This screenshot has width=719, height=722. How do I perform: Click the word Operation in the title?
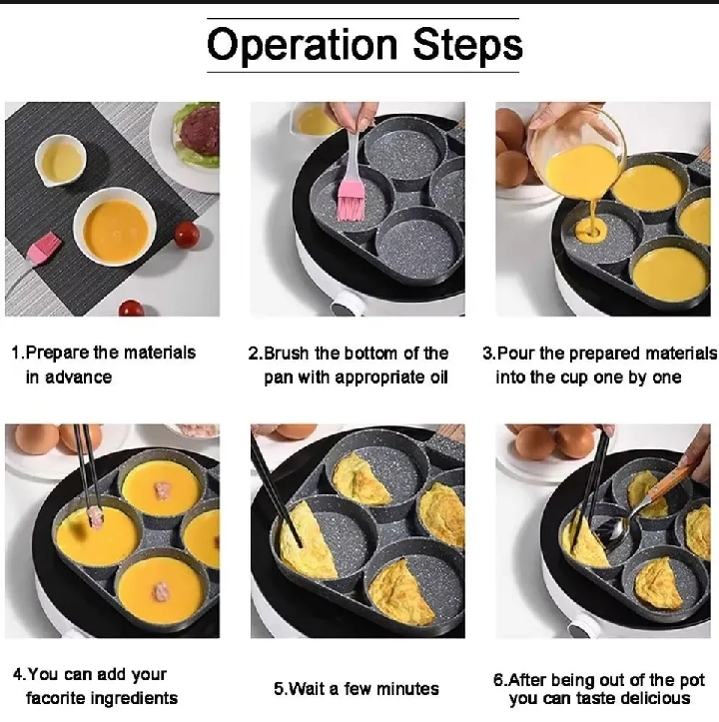(x=302, y=45)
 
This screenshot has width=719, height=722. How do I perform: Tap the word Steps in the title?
(x=464, y=45)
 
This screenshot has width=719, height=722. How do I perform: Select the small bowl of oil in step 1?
(x=60, y=160)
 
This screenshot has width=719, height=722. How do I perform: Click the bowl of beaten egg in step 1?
(x=115, y=228)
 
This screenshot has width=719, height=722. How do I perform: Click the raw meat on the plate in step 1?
(x=199, y=130)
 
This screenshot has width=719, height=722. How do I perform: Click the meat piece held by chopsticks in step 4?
(x=96, y=516)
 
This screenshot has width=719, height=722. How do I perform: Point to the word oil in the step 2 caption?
(x=434, y=377)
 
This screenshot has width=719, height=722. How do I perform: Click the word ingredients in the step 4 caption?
(x=130, y=698)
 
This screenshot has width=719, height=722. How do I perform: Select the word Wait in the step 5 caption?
(x=311, y=688)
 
